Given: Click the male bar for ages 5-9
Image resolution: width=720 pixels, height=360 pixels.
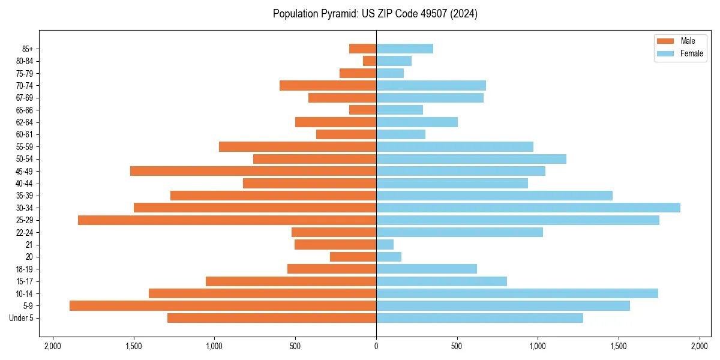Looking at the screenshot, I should click(x=223, y=306).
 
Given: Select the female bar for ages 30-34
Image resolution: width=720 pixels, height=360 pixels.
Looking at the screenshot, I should click(x=528, y=208).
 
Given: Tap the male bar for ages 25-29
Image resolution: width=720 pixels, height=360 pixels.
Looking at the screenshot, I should click(x=227, y=220).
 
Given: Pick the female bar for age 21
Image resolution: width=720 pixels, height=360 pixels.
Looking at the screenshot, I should click(x=385, y=245).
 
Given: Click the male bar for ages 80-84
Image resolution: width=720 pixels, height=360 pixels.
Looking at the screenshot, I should click(x=370, y=61).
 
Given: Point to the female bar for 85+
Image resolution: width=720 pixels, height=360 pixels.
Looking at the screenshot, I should click(x=404, y=49).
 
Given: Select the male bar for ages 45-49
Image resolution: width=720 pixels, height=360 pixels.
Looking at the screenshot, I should click(x=253, y=171).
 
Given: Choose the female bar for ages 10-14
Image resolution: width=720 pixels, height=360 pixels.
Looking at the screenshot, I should click(x=517, y=293).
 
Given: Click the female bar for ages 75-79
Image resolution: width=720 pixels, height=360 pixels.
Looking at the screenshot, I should click(x=390, y=73).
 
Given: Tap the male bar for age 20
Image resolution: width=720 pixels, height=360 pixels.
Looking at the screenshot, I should click(x=353, y=257).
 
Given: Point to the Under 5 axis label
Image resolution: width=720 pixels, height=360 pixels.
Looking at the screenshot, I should click(x=21, y=318).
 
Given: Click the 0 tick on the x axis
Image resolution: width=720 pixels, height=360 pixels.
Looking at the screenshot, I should click(x=376, y=346).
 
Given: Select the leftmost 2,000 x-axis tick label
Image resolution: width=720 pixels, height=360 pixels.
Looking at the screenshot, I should click(x=53, y=346).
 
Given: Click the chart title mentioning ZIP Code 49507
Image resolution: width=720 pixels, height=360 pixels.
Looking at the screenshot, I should click(x=375, y=14).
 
